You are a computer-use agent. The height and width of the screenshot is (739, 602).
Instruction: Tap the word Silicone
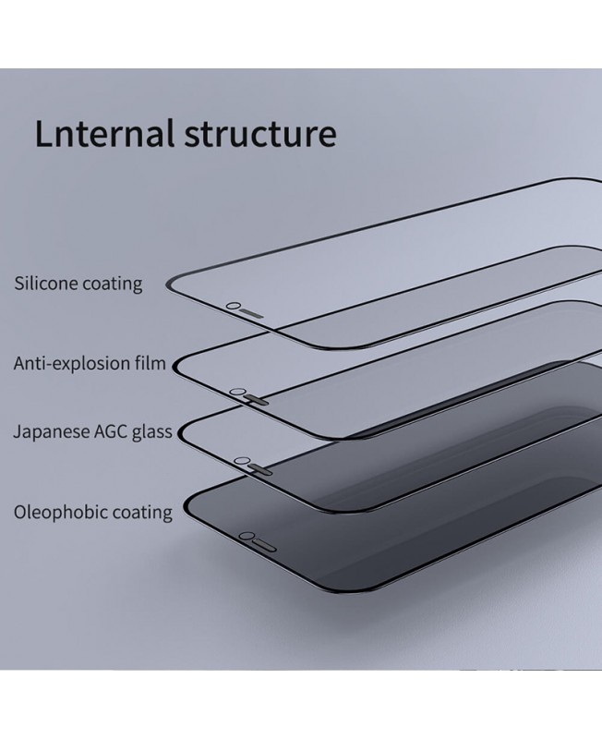coord(45,282)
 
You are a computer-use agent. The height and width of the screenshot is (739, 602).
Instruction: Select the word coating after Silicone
coord(112,284)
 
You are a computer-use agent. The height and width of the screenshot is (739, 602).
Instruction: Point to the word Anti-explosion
coord(73,363)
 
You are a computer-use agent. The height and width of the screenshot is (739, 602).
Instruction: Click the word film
coord(150,362)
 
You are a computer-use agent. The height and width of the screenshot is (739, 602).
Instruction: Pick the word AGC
coord(112,431)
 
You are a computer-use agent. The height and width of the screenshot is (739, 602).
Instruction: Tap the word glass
coord(151,432)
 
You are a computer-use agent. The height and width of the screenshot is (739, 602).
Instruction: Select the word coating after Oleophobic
coord(140,512)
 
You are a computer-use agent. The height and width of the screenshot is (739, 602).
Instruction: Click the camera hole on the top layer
coord(235,305)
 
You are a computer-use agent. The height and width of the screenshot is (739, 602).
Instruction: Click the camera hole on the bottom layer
coord(247,536)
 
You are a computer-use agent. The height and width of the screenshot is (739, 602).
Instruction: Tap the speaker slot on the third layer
coord(261,466)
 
